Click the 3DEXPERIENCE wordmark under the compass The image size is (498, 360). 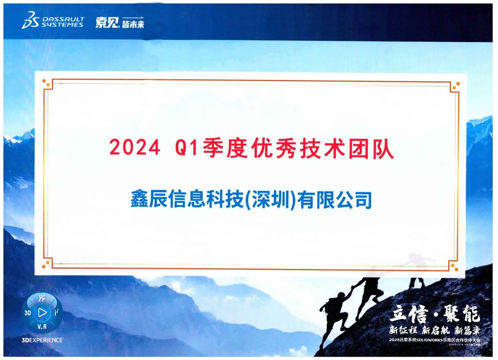[43, 340]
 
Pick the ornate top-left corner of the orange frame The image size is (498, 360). [47, 83]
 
